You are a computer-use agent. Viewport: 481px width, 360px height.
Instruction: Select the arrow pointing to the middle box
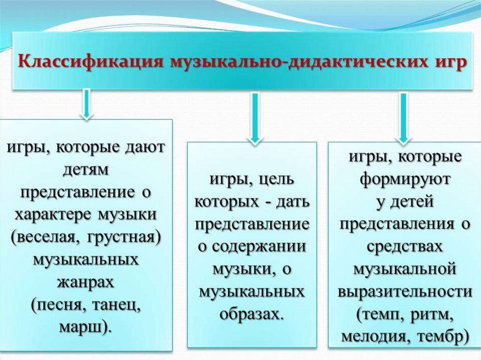click(x=254, y=117)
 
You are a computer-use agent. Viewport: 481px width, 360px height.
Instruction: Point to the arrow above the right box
click(x=403, y=117)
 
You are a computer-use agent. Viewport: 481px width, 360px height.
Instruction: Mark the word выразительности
click(x=404, y=291)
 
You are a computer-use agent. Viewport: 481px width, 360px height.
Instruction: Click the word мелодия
click(x=371, y=337)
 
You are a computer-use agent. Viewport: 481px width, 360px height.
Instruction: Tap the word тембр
click(x=442, y=337)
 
